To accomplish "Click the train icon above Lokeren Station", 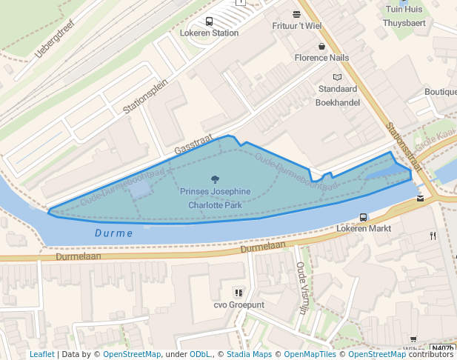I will tap(209, 21).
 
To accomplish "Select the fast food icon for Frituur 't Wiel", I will tap(297, 14).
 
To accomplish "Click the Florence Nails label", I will tap(321, 57).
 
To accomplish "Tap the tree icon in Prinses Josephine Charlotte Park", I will tap(215, 179).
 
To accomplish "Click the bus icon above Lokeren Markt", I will tap(363, 217).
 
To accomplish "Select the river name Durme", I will tap(114, 233).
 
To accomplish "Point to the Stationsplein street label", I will tap(147, 97).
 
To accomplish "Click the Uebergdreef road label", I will tap(56, 39).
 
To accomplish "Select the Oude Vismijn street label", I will tap(301, 287).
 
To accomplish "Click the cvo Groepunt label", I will tap(238, 304).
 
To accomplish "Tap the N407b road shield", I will tap(442, 348).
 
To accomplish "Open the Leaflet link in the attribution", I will tap(41, 354).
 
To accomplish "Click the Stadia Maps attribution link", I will tap(249, 354).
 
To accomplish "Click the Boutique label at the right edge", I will tap(440, 92).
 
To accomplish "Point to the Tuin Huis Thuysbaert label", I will tap(403, 16).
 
